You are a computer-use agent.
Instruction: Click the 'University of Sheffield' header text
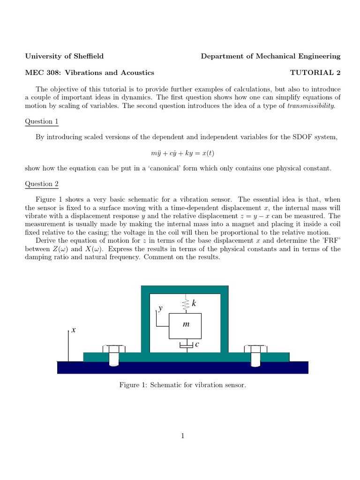(64, 56)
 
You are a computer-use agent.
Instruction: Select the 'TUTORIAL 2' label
(315, 73)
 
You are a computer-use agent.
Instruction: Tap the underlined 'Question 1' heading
(42, 121)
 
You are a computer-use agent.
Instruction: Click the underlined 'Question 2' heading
(42, 184)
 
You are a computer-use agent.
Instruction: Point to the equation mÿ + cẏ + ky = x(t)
(180, 153)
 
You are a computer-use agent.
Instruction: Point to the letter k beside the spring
(193, 304)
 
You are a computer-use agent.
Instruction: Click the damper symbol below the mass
(186, 345)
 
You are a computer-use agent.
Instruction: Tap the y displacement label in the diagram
(160, 309)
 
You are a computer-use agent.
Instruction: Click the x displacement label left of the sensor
(74, 330)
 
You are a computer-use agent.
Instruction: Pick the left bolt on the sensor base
(114, 356)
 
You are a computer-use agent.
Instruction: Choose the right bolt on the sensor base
(255, 356)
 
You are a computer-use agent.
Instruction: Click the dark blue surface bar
(183, 367)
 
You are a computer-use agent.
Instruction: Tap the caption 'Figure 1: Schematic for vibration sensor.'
(183, 385)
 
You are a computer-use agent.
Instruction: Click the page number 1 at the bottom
(183, 436)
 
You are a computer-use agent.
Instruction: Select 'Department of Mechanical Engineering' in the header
(270, 56)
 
